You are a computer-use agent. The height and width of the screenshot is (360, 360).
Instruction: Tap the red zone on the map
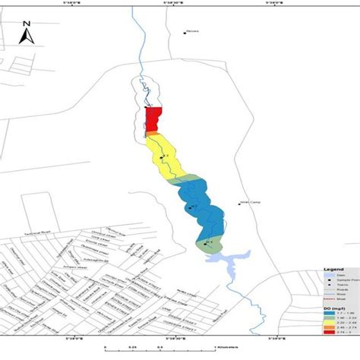click(153, 119)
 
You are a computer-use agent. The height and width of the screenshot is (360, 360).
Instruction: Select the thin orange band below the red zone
click(153, 134)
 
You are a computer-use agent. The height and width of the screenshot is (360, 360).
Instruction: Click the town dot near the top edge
click(185, 33)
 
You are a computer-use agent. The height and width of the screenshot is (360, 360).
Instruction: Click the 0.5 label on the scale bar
click(159, 349)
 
